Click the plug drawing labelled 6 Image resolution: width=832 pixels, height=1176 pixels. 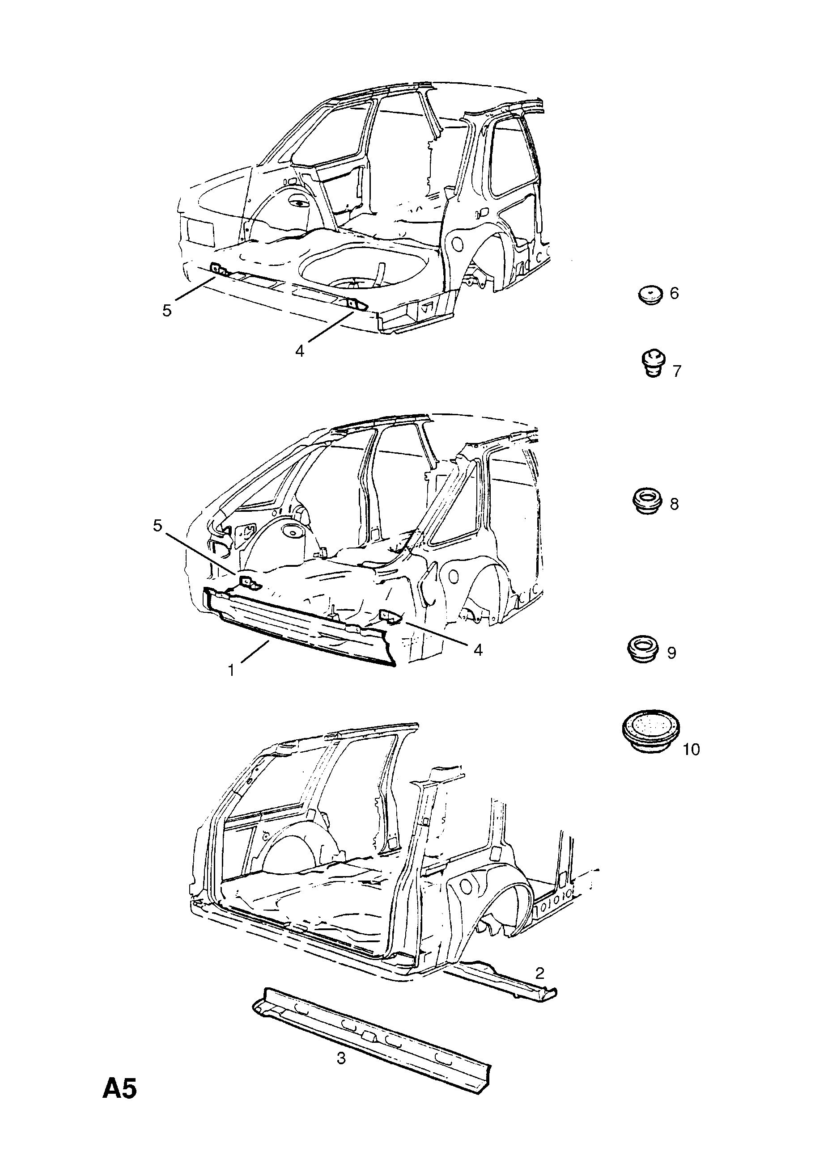(x=650, y=295)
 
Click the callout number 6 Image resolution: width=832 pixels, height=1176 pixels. (x=674, y=294)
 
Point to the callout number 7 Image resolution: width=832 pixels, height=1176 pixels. (x=677, y=371)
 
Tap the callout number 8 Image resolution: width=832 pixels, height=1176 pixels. (x=674, y=504)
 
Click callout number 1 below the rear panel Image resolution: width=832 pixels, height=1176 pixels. (x=231, y=670)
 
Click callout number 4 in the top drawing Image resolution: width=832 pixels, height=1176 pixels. (x=300, y=351)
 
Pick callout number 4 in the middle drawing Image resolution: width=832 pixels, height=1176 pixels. (x=478, y=650)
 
